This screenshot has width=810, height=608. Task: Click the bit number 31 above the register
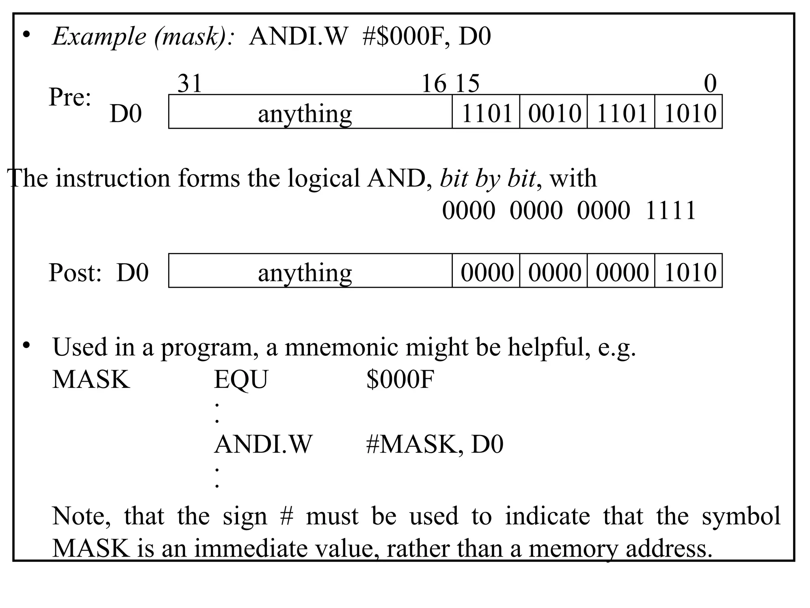pos(190,84)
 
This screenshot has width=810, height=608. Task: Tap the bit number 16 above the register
pos(434,84)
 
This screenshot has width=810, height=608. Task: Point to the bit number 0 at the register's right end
pos(710,84)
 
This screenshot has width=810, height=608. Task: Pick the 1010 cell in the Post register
pos(689,272)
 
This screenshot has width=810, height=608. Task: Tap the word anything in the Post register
pos(305,273)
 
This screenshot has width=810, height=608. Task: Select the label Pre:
pos(70,97)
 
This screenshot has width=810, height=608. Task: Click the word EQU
pos(241,379)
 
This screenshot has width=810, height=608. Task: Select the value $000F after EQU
pos(400,379)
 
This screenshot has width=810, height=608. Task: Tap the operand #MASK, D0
pos(434,444)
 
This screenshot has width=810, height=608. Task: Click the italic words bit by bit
pos(488,178)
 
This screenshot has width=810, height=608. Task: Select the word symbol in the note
pos(741,516)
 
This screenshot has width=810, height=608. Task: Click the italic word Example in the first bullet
pos(99,36)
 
